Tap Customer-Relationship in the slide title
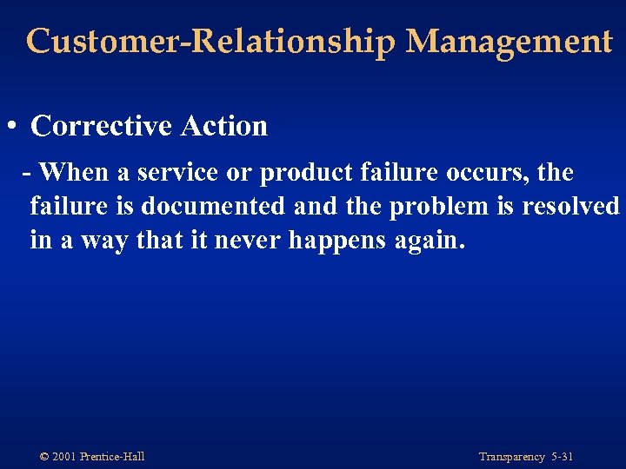[210, 42]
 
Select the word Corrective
[101, 126]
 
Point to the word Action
[224, 126]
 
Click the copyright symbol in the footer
[44, 457]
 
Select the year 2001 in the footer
[63, 457]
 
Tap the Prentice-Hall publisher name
[112, 457]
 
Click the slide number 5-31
[562, 457]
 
